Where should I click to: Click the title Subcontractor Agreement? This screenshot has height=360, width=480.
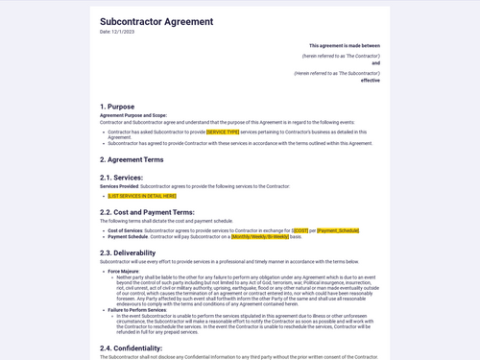(x=156, y=21)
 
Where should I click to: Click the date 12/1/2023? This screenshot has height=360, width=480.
(x=118, y=32)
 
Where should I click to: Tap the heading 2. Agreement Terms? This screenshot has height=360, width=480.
(x=132, y=159)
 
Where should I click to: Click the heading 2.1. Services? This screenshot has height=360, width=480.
(x=121, y=178)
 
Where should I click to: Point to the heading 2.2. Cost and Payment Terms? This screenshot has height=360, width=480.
(x=147, y=212)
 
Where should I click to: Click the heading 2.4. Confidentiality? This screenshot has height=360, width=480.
(x=132, y=348)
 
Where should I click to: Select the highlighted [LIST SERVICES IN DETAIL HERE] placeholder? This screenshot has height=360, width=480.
(x=142, y=196)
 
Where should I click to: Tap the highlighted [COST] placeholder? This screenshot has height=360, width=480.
(x=301, y=230)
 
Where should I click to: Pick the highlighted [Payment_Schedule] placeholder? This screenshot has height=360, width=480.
(x=338, y=230)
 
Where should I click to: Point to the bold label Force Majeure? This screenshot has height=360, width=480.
(x=123, y=271)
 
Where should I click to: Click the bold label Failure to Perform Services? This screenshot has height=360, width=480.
(x=138, y=310)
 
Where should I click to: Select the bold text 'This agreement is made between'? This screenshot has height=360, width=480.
(x=344, y=45)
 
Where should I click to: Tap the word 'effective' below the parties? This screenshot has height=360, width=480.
(x=371, y=81)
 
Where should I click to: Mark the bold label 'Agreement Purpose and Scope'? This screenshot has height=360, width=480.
(x=132, y=115)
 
